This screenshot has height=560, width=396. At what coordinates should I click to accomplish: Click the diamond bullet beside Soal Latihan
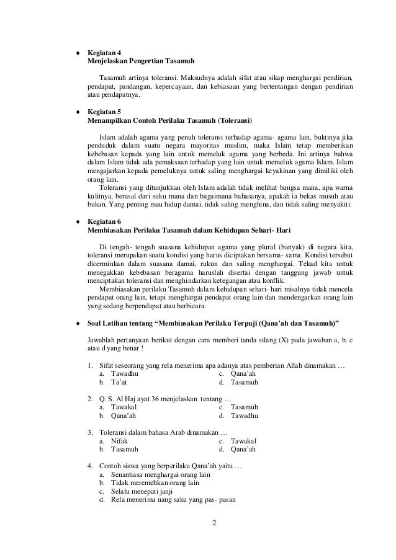77,323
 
